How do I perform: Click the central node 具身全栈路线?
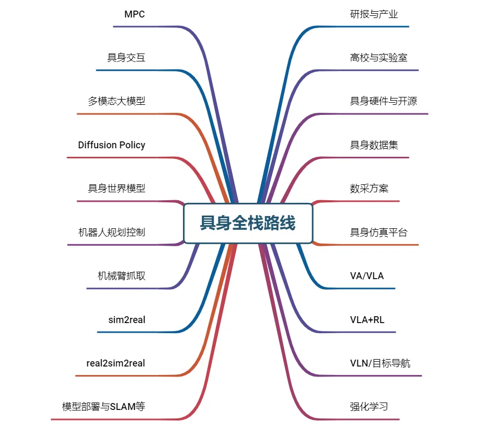point(248,223)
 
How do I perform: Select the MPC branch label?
point(134,14)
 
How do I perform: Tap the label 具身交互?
point(126,58)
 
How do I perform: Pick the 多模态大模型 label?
point(116,101)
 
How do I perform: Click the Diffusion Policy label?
point(112,145)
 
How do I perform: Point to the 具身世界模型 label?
point(116,188)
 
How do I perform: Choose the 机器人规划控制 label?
point(112,232)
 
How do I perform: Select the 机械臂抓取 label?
point(121,275)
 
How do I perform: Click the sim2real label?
point(126,319)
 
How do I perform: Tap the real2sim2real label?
point(116,363)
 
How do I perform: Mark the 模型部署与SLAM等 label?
point(104,407)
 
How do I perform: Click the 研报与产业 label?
point(374,14)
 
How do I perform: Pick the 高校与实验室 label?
point(379,58)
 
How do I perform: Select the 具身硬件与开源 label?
point(383,101)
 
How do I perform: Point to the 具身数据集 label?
point(374,145)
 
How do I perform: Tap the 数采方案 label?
point(369,188)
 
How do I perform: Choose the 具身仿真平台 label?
point(379,232)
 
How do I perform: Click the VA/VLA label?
point(367,275)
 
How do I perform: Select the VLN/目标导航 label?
point(380,363)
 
